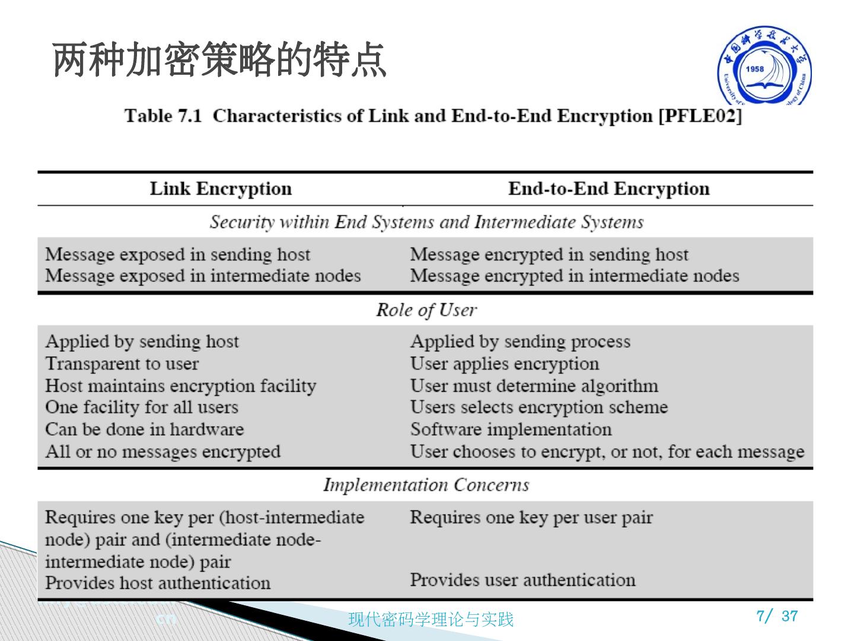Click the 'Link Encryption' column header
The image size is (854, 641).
pyautogui.click(x=221, y=189)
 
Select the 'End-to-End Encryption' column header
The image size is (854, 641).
pyautogui.click(x=608, y=189)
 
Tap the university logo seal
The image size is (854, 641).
pyautogui.click(x=764, y=66)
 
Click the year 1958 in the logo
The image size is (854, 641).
pyautogui.click(x=755, y=69)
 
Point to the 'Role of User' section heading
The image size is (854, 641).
pyautogui.click(x=426, y=310)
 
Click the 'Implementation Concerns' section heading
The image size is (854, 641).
pyautogui.click(x=426, y=485)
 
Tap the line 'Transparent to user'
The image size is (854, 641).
pyautogui.click(x=122, y=363)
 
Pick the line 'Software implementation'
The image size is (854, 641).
pyautogui.click(x=511, y=429)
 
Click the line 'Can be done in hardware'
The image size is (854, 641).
pyautogui.click(x=145, y=429)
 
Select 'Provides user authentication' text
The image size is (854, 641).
pyautogui.click(x=522, y=579)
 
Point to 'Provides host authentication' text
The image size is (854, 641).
pyautogui.click(x=158, y=583)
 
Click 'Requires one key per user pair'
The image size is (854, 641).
pyautogui.click(x=531, y=517)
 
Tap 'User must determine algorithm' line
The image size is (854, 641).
pyautogui.click(x=534, y=386)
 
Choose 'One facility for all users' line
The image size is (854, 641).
pyautogui.click(x=142, y=407)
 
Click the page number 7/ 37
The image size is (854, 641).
pyautogui.click(x=777, y=616)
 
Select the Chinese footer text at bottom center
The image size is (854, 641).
pyautogui.click(x=431, y=620)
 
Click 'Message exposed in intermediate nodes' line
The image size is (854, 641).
pyautogui.click(x=203, y=276)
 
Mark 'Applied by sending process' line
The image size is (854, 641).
pyautogui.click(x=520, y=341)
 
